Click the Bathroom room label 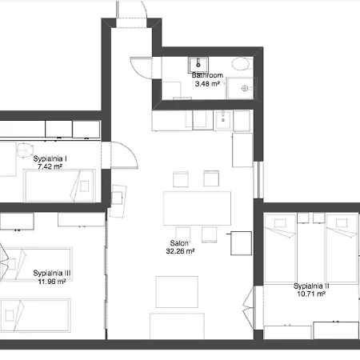tap(208, 74)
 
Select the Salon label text tap(178, 244)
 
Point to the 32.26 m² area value tap(181, 251)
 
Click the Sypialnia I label tap(50, 158)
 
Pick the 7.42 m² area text tap(50, 166)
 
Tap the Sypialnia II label tap(311, 286)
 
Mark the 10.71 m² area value tap(310, 294)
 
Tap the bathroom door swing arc tap(141, 66)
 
